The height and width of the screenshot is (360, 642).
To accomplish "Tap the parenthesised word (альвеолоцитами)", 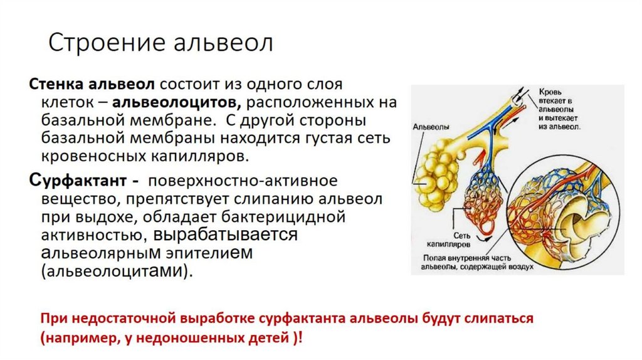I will [x=116, y=271].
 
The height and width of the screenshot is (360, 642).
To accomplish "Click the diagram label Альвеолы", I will [x=429, y=126].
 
